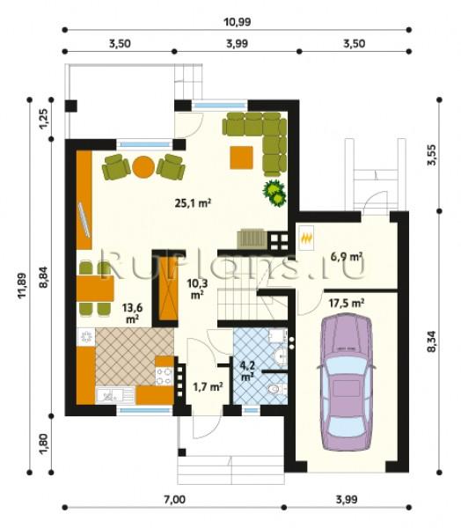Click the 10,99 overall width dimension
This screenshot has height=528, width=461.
pyautogui.click(x=237, y=22)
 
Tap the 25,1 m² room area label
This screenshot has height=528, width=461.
pyautogui.click(x=193, y=202)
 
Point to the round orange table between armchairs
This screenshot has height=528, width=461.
pyautogui.click(x=143, y=166)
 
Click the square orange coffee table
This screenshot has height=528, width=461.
pyautogui.click(x=241, y=158)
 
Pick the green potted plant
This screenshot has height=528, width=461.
pyautogui.click(x=274, y=194)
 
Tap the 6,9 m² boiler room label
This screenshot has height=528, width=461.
pyautogui.click(x=346, y=257)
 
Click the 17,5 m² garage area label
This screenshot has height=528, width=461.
pyautogui.click(x=346, y=303)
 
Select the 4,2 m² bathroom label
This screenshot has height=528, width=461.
pyautogui.click(x=247, y=370)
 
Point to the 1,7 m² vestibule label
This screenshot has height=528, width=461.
pyautogui.click(x=208, y=386)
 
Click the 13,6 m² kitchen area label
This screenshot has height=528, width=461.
pyautogui.click(x=132, y=313)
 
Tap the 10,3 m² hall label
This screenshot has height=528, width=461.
pyautogui.click(x=197, y=289)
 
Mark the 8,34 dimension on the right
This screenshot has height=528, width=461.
pyautogui.click(x=431, y=341)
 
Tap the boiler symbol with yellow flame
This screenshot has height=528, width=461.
pyautogui.click(x=306, y=238)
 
